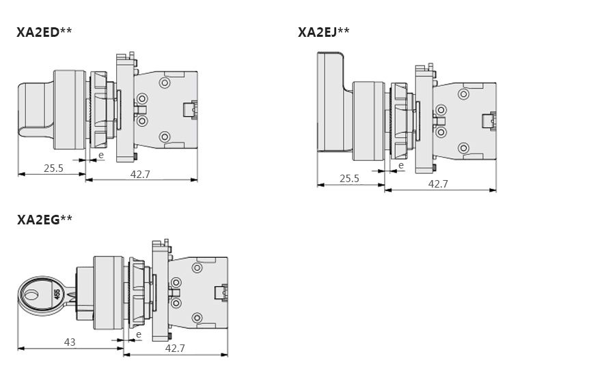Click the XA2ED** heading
click(44, 31)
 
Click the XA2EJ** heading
click(323, 31)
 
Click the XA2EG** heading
click(44, 220)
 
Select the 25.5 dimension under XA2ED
click(53, 168)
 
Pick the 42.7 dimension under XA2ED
click(140, 174)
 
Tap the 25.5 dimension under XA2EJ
click(349, 179)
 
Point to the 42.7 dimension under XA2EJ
click(438, 184)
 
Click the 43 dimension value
click(70, 342)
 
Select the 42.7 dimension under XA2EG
click(175, 348)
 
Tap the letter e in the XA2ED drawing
click(101, 156)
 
